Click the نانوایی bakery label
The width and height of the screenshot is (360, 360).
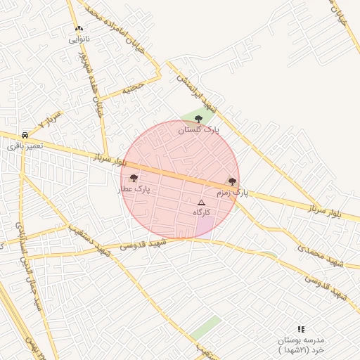pos(79,40)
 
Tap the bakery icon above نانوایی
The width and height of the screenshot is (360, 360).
pos(79,29)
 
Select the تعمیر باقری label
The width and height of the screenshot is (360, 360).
pos(25,146)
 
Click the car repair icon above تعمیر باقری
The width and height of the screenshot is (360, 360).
pos(25,134)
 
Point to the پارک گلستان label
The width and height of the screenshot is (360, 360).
pos(198,130)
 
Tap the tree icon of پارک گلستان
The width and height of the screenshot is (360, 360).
pos(198,119)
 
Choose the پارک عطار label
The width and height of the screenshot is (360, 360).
pos(134,189)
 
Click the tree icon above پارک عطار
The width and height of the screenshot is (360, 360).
pos(134,178)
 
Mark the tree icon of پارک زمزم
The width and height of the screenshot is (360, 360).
pos(232,181)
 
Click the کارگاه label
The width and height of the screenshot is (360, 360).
pos(202,212)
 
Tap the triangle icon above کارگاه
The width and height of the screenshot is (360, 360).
pos(202,202)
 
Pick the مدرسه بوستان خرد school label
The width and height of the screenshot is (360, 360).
pos(301,345)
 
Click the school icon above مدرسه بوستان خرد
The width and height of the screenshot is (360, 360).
pos(301,328)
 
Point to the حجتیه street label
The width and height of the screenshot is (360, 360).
pos(133,88)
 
